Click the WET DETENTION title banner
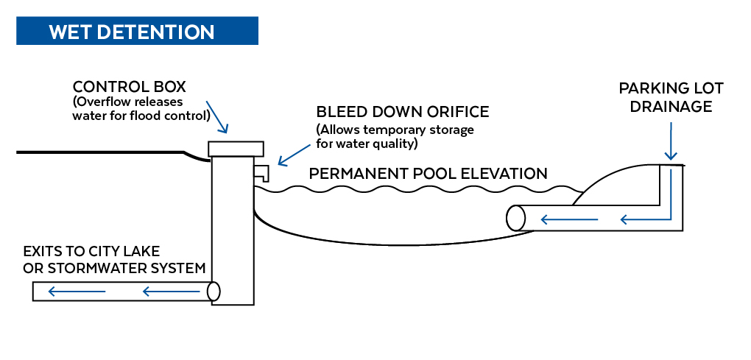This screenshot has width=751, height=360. tap(137, 32)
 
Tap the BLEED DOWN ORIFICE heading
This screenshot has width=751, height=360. tap(402, 112)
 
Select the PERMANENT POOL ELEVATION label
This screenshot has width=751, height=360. tap(428, 174)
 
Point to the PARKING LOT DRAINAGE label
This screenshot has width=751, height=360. tap(671, 97)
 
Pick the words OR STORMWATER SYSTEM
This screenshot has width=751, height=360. tap(114, 268)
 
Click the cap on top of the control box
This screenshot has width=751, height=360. tap(236, 148)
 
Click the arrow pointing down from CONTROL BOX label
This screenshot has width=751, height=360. tap(219, 117)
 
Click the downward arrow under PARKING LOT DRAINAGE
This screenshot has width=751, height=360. tap(671, 141)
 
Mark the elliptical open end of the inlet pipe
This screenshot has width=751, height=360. tap(516, 218)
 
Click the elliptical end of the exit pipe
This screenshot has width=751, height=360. tap(214, 292)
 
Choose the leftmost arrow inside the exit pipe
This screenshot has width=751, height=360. tap(77, 292)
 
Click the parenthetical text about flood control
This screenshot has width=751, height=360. tap(141, 108)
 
